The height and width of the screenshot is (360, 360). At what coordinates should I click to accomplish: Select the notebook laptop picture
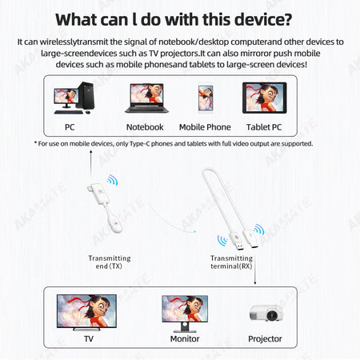[144, 98]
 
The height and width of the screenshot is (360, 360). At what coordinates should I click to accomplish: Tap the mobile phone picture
[205, 98]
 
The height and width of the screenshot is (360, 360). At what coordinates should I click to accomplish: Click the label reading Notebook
[145, 126]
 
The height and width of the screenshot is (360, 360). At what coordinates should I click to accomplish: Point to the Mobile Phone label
[205, 126]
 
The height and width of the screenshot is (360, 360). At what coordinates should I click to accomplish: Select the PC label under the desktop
[70, 126]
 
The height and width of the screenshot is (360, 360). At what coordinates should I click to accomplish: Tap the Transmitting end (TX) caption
[110, 263]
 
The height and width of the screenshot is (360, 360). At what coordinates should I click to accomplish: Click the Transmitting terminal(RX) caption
[231, 263]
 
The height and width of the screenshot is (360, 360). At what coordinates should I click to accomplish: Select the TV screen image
[86, 310]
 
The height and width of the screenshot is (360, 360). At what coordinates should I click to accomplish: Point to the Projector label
[265, 338]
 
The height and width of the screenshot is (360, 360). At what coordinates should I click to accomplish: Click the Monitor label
[185, 338]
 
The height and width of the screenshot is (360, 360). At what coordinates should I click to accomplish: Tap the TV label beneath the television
[89, 338]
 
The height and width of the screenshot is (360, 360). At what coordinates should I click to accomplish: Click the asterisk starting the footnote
[35, 143]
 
